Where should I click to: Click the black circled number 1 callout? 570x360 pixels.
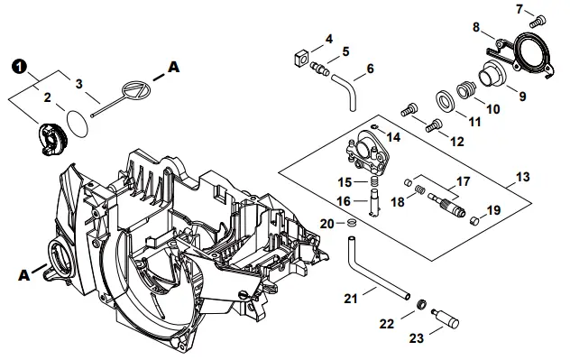[x=19, y=66]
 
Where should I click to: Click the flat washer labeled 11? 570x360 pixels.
[x=446, y=98]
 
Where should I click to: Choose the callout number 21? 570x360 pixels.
[x=350, y=297]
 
